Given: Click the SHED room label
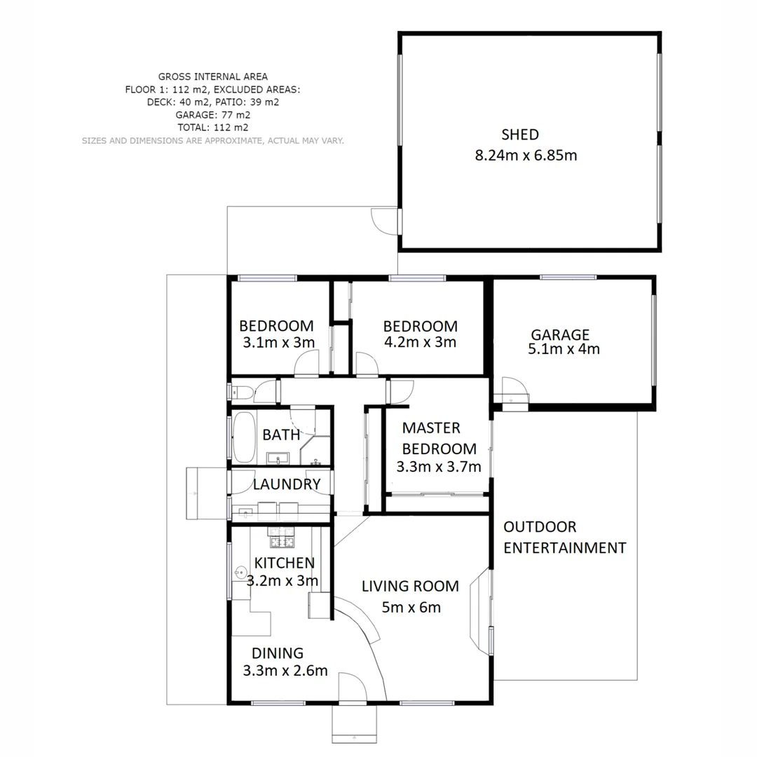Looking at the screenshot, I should click(519, 135).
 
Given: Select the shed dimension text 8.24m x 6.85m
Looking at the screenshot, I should click(526, 156).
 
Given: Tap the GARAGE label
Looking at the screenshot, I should click(559, 335).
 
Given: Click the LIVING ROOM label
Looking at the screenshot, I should click(410, 586).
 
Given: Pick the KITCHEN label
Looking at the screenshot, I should click(284, 562).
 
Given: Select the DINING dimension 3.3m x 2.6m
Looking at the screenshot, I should click(285, 671).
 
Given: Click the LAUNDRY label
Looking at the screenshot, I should click(287, 484).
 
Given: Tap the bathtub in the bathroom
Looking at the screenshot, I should click(243, 436).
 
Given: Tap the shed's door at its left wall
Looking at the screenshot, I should click(386, 221).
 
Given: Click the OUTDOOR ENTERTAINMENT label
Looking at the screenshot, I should click(564, 538).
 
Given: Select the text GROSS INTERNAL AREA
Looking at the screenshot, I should click(212, 77).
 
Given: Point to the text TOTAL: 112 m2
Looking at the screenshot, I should click(212, 128).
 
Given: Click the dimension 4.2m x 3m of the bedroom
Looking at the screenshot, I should click(420, 342).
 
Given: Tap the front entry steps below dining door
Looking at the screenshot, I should click(354, 724).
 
